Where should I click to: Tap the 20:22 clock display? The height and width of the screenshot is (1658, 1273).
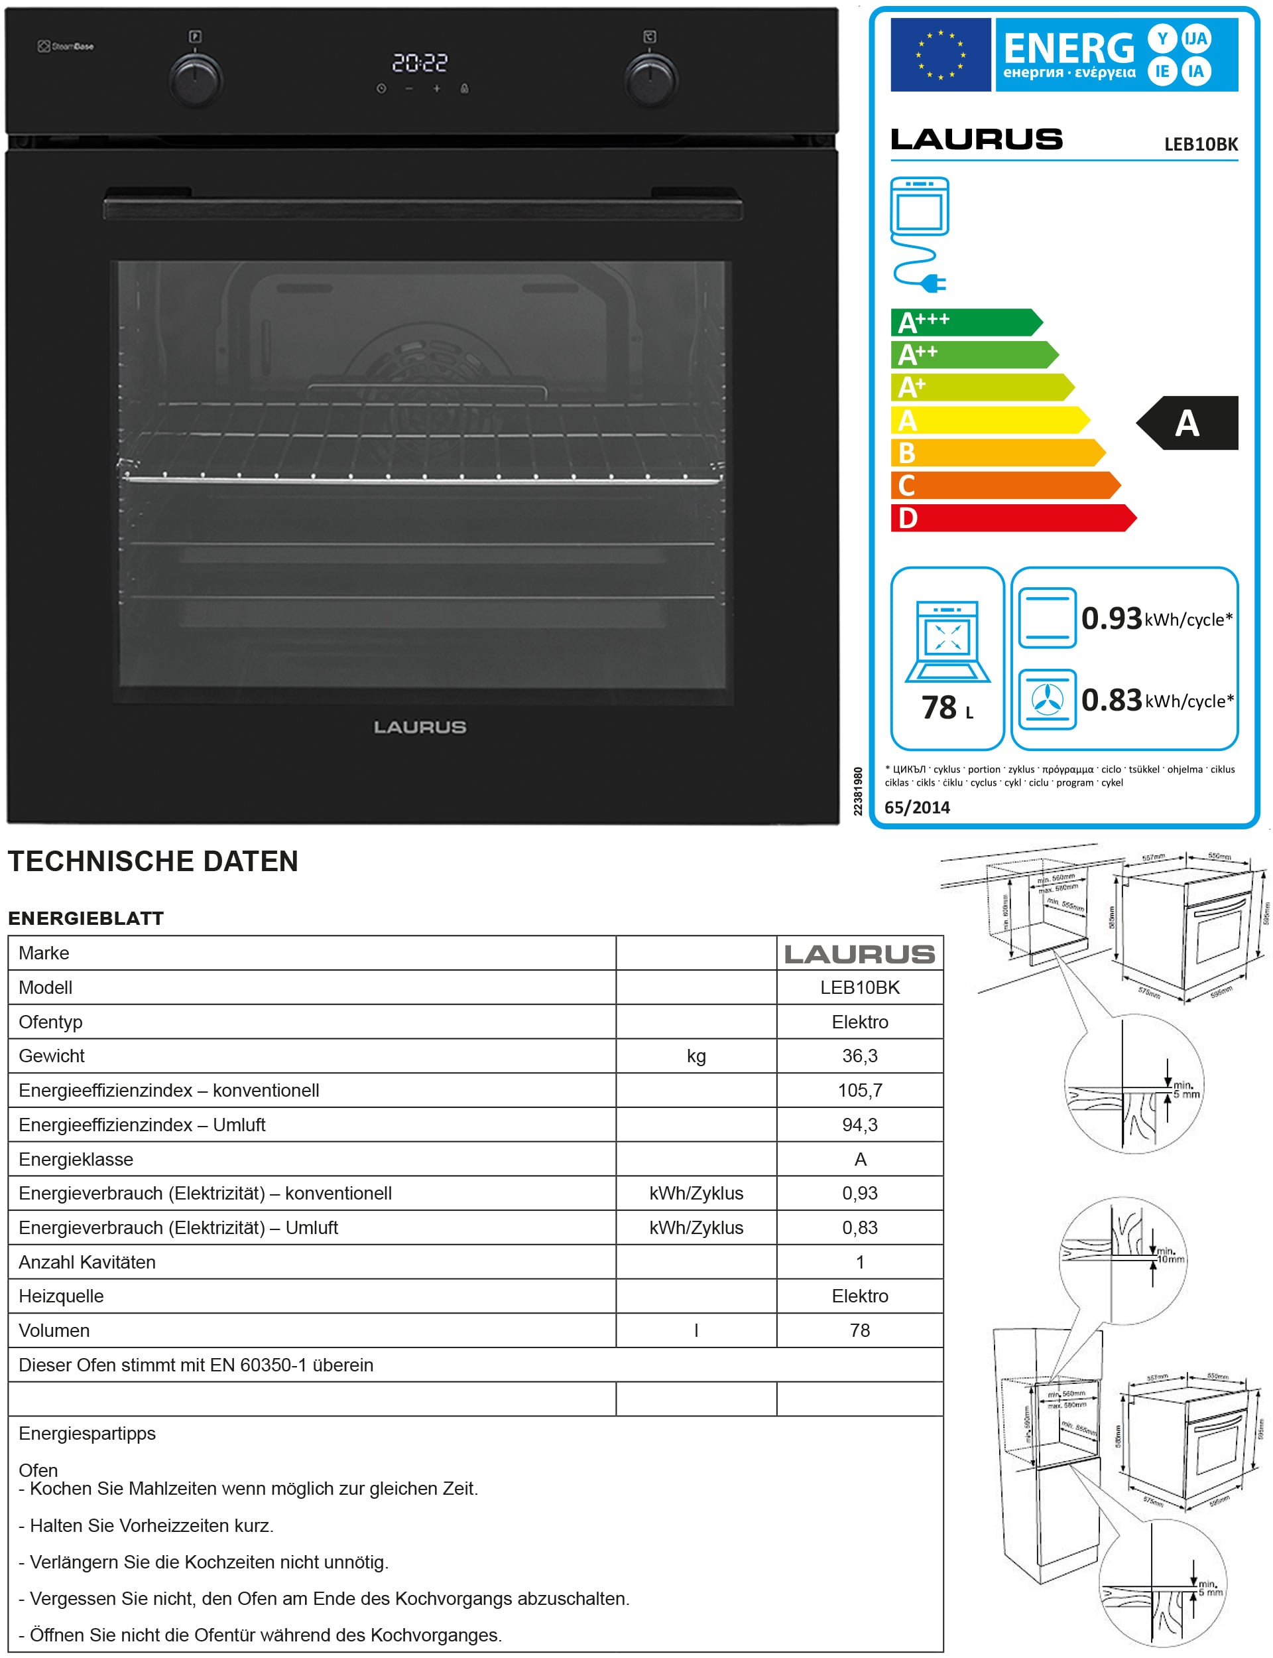[x=420, y=63]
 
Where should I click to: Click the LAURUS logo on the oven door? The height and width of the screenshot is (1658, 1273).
[x=420, y=727]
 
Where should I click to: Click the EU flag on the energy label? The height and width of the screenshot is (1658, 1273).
[x=940, y=54]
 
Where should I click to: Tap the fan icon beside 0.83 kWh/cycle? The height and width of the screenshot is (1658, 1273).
[x=1047, y=699]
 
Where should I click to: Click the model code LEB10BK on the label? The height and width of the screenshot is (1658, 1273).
[x=1200, y=144]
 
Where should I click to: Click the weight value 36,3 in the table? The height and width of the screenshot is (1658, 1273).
[x=859, y=1056]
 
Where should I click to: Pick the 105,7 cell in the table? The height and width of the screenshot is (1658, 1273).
[x=859, y=1090]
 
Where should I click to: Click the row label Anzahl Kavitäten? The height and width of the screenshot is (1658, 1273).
[x=87, y=1263]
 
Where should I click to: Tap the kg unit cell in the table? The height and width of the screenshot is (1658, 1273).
[x=696, y=1056]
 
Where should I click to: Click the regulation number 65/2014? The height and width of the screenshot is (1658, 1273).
[x=917, y=807]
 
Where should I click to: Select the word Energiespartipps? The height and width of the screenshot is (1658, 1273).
[x=87, y=1434]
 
